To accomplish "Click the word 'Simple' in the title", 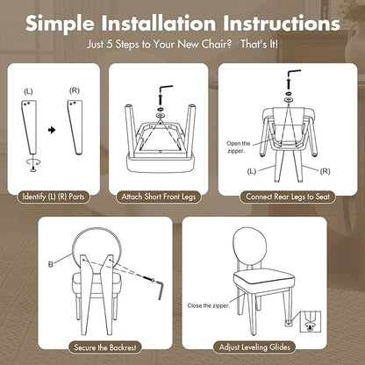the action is point(60,24).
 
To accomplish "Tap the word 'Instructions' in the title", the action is point(282,23).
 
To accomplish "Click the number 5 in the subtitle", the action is point(110,45).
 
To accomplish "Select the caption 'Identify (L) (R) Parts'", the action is point(54,197).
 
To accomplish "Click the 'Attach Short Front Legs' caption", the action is point(159,197).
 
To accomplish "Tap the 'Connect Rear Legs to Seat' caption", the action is point(288,197).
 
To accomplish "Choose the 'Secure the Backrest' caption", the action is point(105,347).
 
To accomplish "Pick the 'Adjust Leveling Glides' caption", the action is point(254,347).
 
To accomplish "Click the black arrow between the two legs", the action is point(52,130).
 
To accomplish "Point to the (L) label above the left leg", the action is point(28,92).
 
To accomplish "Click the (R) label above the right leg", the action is point(75,91).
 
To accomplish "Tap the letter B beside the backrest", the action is point(51,264).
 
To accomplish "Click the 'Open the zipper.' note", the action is point(239,147).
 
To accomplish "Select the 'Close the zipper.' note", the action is point(208,305).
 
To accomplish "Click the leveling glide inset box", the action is point(311,321).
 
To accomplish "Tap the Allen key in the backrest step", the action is point(161,290).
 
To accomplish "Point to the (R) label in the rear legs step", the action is point(325,171).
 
